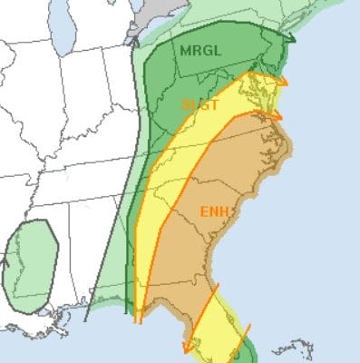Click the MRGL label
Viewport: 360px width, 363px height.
pos(199,49)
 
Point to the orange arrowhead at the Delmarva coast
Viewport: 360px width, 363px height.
pos(283,82)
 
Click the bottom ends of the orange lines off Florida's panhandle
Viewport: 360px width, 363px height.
pos(138,317)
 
